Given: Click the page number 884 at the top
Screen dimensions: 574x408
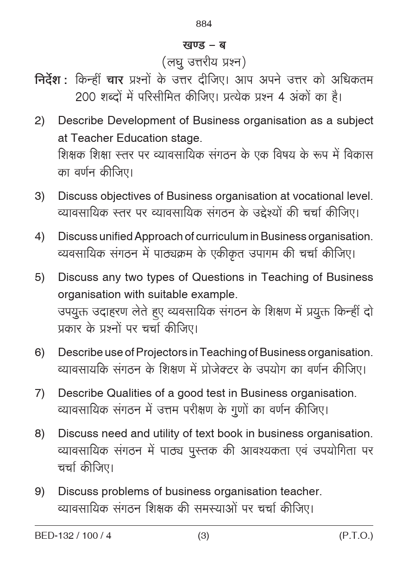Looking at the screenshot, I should click(x=204, y=24).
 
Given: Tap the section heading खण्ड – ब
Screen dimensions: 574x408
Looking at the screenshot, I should click(x=204, y=45).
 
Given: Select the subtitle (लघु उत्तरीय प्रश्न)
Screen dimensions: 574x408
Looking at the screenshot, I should click(x=204, y=62).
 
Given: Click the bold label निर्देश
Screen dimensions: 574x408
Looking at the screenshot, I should click(x=50, y=80).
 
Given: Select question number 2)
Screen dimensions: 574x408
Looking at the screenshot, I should click(x=40, y=121).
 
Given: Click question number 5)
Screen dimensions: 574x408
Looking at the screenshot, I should click(x=40, y=277).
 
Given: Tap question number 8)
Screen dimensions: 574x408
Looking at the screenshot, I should click(x=40, y=434).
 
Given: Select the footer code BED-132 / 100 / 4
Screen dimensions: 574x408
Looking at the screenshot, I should click(x=73, y=536).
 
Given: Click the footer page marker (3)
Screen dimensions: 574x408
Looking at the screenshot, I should click(x=204, y=536).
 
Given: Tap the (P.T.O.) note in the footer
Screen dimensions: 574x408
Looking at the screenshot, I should click(x=356, y=536).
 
